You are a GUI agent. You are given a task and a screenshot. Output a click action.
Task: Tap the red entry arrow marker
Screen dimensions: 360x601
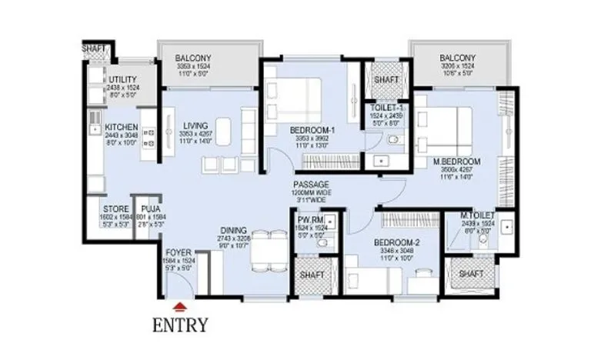[x=179, y=304]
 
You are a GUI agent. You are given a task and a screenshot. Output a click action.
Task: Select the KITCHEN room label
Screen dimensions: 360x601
[x=122, y=128]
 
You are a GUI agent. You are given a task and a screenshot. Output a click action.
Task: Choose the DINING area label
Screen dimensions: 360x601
[x=232, y=230]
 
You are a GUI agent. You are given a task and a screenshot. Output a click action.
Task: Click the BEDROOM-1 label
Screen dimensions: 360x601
[x=312, y=131]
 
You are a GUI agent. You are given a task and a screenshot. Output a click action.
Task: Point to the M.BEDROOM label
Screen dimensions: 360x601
[x=456, y=162]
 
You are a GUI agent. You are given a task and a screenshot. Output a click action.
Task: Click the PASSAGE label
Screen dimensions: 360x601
[x=311, y=185]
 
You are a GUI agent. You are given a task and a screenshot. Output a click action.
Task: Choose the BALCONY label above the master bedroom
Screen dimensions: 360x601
[x=457, y=58]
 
